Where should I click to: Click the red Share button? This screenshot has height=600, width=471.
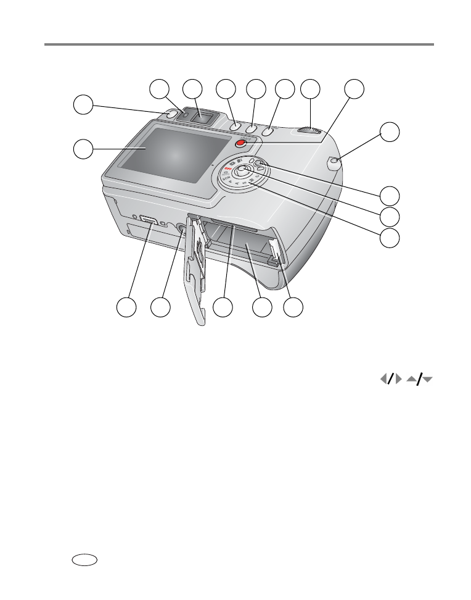pyautogui.click(x=240, y=144)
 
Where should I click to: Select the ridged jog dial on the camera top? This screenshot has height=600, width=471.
pyautogui.click(x=311, y=131)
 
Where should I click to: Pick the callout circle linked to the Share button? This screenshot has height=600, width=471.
pyautogui.click(x=354, y=89)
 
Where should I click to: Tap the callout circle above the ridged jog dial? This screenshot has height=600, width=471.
pyautogui.click(x=311, y=89)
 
